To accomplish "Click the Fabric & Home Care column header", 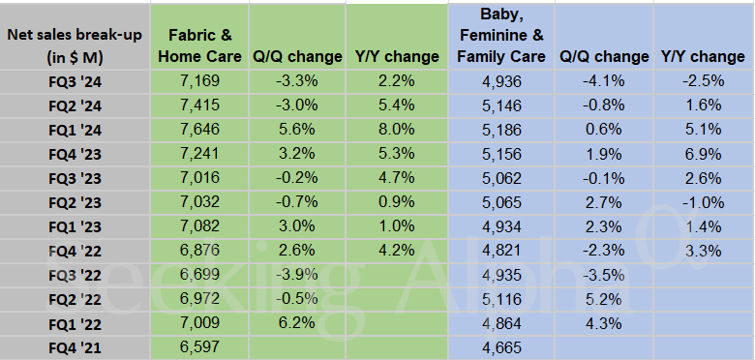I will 198,46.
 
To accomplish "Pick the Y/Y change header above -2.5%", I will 702,56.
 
